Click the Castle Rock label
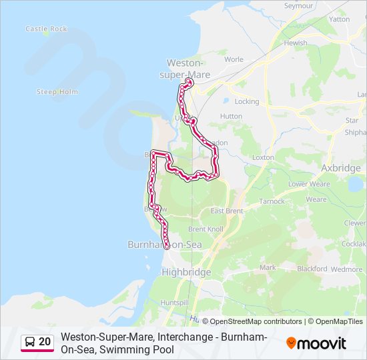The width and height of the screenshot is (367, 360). [x=46, y=29]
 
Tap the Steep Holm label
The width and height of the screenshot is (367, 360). [x=57, y=92]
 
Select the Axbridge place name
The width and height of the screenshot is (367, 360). [x=340, y=168]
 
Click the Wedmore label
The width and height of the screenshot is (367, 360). [x=347, y=269]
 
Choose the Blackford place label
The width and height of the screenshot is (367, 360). [x=312, y=269]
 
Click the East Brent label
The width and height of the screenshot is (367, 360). [x=226, y=211]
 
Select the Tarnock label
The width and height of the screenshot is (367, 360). [x=272, y=201]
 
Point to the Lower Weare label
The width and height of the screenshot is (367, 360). [x=309, y=184]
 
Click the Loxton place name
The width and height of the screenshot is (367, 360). [x=264, y=157]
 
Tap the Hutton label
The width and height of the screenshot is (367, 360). [x=231, y=116]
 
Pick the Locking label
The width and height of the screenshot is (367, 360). [x=247, y=102]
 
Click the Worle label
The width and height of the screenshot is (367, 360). [x=234, y=59]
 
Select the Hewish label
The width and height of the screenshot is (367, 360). [x=296, y=43]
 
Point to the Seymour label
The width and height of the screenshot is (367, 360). [x=298, y=5]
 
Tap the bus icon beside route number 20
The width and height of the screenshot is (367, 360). [x=30, y=342]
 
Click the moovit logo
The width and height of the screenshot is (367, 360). [x=316, y=343]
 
